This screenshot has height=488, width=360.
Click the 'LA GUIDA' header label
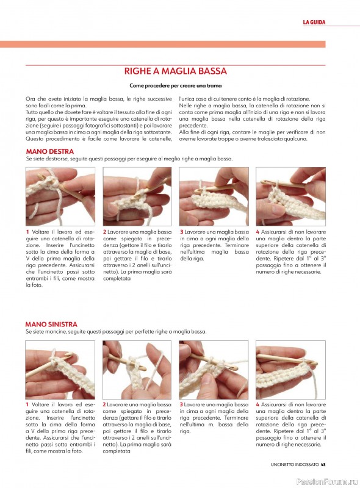(314, 22)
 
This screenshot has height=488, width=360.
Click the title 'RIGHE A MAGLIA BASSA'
(175, 71)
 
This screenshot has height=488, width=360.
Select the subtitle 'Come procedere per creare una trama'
(175, 85)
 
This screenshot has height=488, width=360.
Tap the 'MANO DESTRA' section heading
(50, 151)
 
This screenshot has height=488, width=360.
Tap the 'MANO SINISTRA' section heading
(51, 325)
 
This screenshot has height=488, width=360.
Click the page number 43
(323, 464)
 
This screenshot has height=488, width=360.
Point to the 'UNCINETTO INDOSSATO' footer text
(295, 464)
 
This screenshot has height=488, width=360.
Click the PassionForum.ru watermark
(327, 482)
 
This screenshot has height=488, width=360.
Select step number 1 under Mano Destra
(27, 232)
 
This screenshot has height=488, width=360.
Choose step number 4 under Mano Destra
(257, 232)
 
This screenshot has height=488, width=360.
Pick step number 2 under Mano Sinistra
(104, 404)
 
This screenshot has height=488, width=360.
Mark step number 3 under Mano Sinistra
(181, 404)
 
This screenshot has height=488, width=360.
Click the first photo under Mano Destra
(60, 196)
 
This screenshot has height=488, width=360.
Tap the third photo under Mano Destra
(214, 196)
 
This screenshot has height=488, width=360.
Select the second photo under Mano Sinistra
(137, 370)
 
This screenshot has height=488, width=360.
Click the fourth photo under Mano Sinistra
(290, 370)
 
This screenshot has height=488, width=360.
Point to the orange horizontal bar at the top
(162, 44)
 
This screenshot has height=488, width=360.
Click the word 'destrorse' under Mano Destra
(58, 159)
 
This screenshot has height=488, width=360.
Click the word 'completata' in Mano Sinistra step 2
(117, 451)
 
